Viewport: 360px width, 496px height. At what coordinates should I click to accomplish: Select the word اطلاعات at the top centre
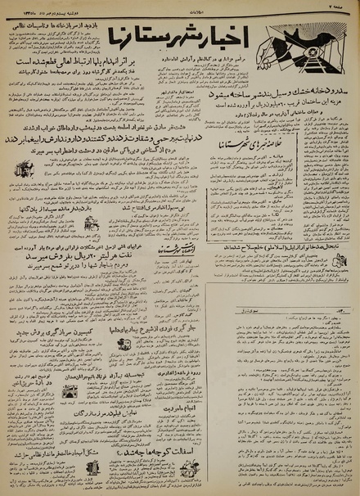[x=181, y=8]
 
